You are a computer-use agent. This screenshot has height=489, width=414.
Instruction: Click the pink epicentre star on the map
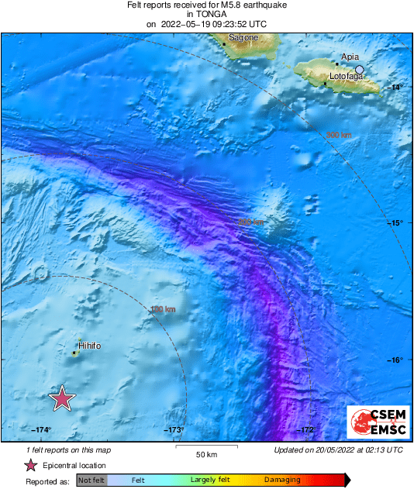62,398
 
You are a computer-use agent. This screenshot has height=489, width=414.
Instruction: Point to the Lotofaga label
347,77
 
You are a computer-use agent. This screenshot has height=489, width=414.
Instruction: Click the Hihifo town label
89,346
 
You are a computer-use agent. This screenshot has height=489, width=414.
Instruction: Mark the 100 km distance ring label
163,310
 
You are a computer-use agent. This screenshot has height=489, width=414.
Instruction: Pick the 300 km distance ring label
339,135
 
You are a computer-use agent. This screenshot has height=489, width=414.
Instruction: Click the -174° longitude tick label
42,430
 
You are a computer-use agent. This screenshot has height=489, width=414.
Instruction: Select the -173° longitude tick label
173,430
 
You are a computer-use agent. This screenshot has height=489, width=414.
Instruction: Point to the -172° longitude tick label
305,430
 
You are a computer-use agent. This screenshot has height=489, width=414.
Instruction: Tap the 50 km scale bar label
205,454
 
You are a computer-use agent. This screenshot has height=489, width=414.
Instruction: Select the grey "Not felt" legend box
91,480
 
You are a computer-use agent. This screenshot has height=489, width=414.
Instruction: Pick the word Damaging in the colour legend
282,480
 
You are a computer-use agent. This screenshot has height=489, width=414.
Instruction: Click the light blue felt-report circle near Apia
359,70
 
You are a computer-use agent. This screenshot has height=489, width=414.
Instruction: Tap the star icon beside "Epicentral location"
30,466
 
